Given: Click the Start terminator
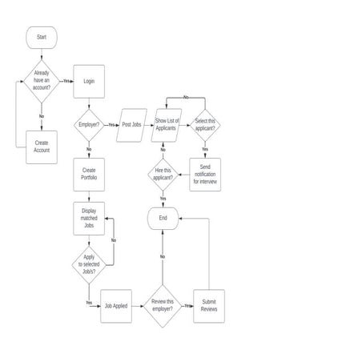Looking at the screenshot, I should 42,37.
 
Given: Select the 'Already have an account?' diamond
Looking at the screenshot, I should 42,80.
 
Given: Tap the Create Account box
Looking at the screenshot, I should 42,147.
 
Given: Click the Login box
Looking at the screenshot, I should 89,81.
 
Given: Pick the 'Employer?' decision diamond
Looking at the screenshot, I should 89,125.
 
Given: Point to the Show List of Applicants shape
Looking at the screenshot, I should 167,125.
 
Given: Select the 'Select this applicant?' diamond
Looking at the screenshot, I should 205,125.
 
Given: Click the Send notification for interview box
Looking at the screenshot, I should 205,174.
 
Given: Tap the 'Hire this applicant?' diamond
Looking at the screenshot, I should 163,174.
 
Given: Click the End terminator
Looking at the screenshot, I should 163,217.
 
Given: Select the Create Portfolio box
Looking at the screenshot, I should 89,174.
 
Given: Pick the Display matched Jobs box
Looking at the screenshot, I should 89,217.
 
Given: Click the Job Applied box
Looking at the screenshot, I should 115,306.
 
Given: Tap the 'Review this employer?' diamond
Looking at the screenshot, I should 163,306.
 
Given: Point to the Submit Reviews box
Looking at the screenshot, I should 209,306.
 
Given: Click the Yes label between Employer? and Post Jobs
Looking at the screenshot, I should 111,125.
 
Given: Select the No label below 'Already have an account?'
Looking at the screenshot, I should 42,116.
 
